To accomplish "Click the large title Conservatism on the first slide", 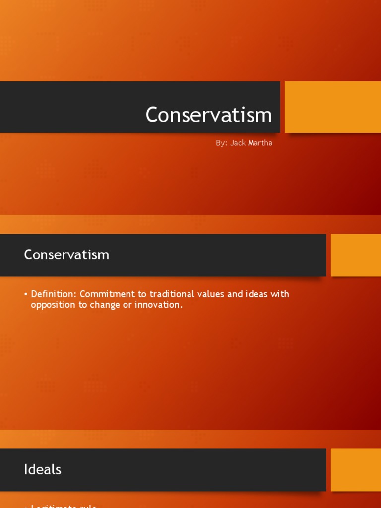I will pyautogui.click(x=209, y=115).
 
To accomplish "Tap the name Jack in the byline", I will pyautogui.click(x=239, y=143).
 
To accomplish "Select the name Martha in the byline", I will pyautogui.click(x=261, y=143).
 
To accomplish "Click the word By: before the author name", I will pyautogui.click(x=221, y=143).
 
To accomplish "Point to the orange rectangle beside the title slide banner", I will pyautogui.click(x=332, y=107).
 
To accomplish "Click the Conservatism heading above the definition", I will pyautogui.click(x=66, y=255).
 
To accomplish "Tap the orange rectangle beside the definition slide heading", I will pyautogui.click(x=356, y=255).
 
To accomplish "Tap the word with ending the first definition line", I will pyautogui.click(x=280, y=294).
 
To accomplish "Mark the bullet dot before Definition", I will pyautogui.click(x=25, y=295).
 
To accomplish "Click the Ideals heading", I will pyautogui.click(x=43, y=470).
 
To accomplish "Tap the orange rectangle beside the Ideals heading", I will pyautogui.click(x=356, y=470).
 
